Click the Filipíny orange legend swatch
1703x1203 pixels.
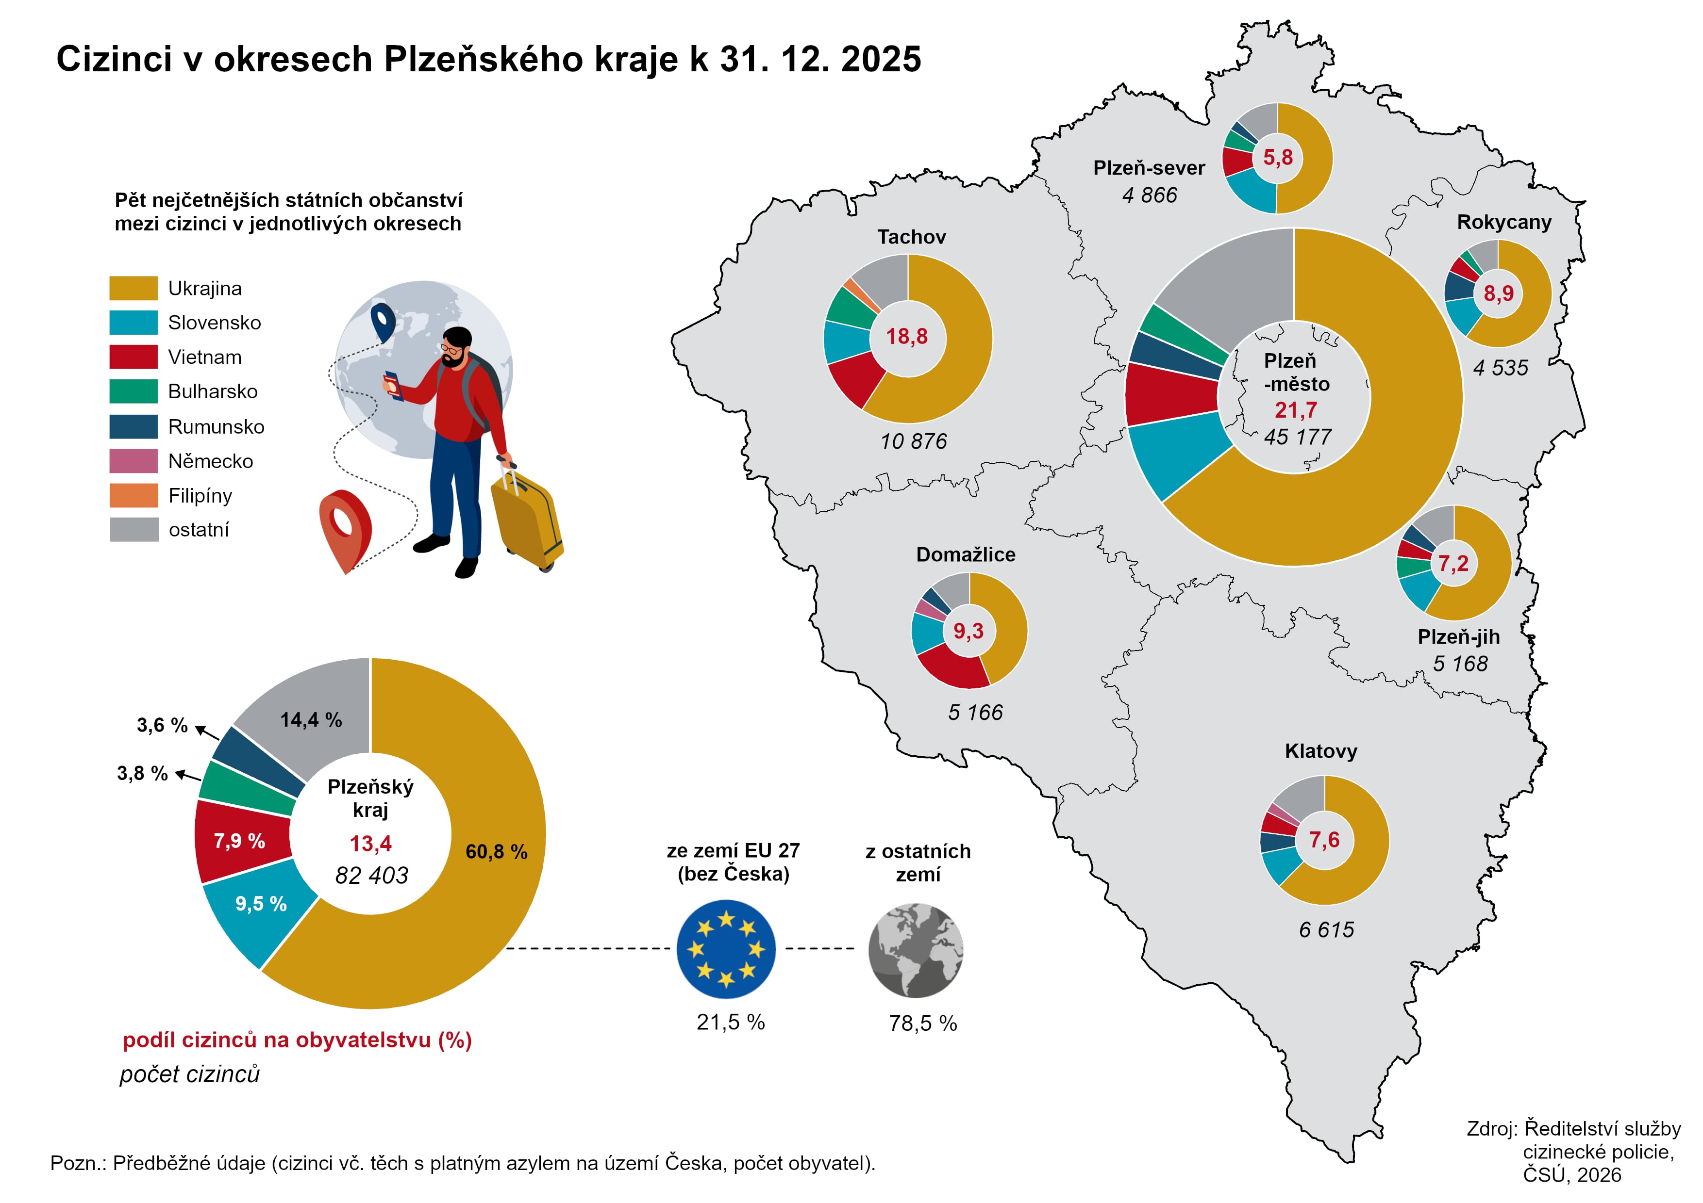pyautogui.click(x=134, y=495)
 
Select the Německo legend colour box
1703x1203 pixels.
pyautogui.click(x=134, y=461)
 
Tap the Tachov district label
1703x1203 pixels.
pyautogui.click(x=912, y=237)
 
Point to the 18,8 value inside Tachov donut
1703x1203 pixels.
pyautogui.click(x=906, y=337)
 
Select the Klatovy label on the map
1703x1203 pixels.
pyautogui.click(x=1321, y=751)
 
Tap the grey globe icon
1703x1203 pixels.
pyautogui.click(x=916, y=949)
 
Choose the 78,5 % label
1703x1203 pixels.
pyautogui.click(x=923, y=1024)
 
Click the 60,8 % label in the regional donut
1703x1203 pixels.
pyautogui.click(x=496, y=852)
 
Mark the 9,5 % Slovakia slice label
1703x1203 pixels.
pyautogui.click(x=261, y=904)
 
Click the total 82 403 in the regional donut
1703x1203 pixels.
pyautogui.click(x=371, y=876)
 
